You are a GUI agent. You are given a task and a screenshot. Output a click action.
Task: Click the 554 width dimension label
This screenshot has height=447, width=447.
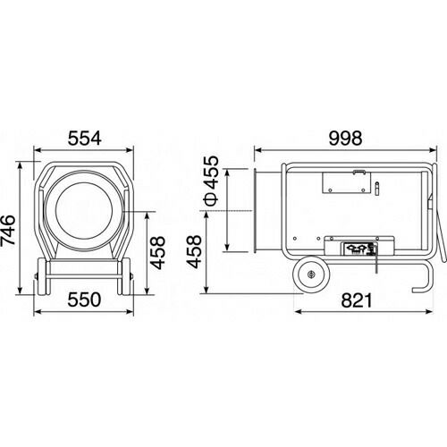point(85,139)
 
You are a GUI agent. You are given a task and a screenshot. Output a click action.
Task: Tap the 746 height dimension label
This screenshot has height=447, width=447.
point(8,230)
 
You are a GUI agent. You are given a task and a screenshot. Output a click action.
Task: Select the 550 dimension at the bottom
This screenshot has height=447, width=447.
point(84,299)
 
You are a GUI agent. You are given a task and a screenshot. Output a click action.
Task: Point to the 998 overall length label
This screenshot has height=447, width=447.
point(346,138)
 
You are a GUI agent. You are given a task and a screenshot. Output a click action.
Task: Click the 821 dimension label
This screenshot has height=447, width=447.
point(357,300)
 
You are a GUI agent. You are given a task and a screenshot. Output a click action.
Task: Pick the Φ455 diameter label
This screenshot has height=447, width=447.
point(211,181)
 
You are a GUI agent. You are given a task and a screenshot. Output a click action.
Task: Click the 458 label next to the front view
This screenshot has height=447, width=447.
point(157,252)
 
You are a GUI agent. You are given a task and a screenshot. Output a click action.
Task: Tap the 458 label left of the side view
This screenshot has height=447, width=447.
point(194,252)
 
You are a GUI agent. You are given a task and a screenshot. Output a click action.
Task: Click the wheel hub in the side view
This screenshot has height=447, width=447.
point(311,274)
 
